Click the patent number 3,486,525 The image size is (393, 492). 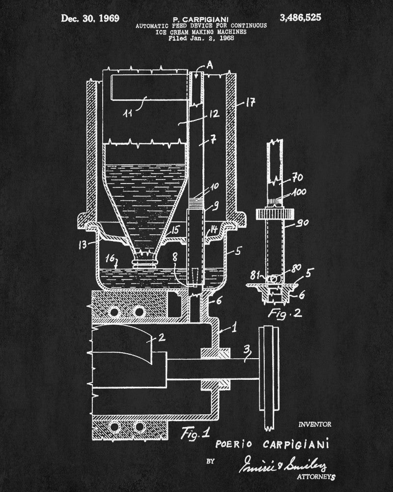300,18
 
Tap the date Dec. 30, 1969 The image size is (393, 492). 90,19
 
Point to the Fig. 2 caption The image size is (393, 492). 279,313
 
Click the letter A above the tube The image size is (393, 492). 210,64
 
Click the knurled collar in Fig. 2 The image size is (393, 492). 275,215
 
